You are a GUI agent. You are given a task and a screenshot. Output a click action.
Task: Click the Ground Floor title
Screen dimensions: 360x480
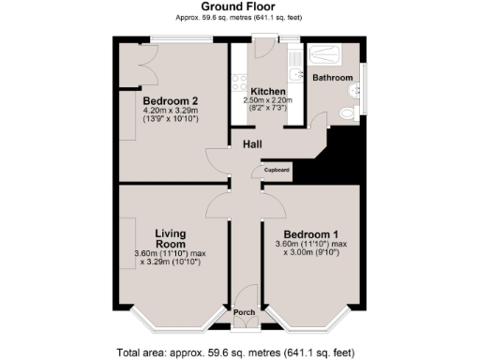[x=239, y=7]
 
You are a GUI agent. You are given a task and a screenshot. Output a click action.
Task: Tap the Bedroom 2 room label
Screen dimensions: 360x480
[x=171, y=101]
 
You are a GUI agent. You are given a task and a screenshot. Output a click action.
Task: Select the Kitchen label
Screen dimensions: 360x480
[x=268, y=90]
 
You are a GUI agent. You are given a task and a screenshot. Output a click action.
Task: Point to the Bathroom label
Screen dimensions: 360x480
[x=332, y=77]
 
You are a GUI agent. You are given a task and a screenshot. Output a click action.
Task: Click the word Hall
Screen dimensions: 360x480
[x=252, y=144]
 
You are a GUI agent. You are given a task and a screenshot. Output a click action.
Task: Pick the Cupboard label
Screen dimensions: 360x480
[x=277, y=170]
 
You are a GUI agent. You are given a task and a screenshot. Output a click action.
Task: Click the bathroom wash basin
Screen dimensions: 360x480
[x=354, y=91]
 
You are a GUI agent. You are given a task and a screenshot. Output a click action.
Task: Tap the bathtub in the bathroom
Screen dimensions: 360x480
[x=327, y=52]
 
